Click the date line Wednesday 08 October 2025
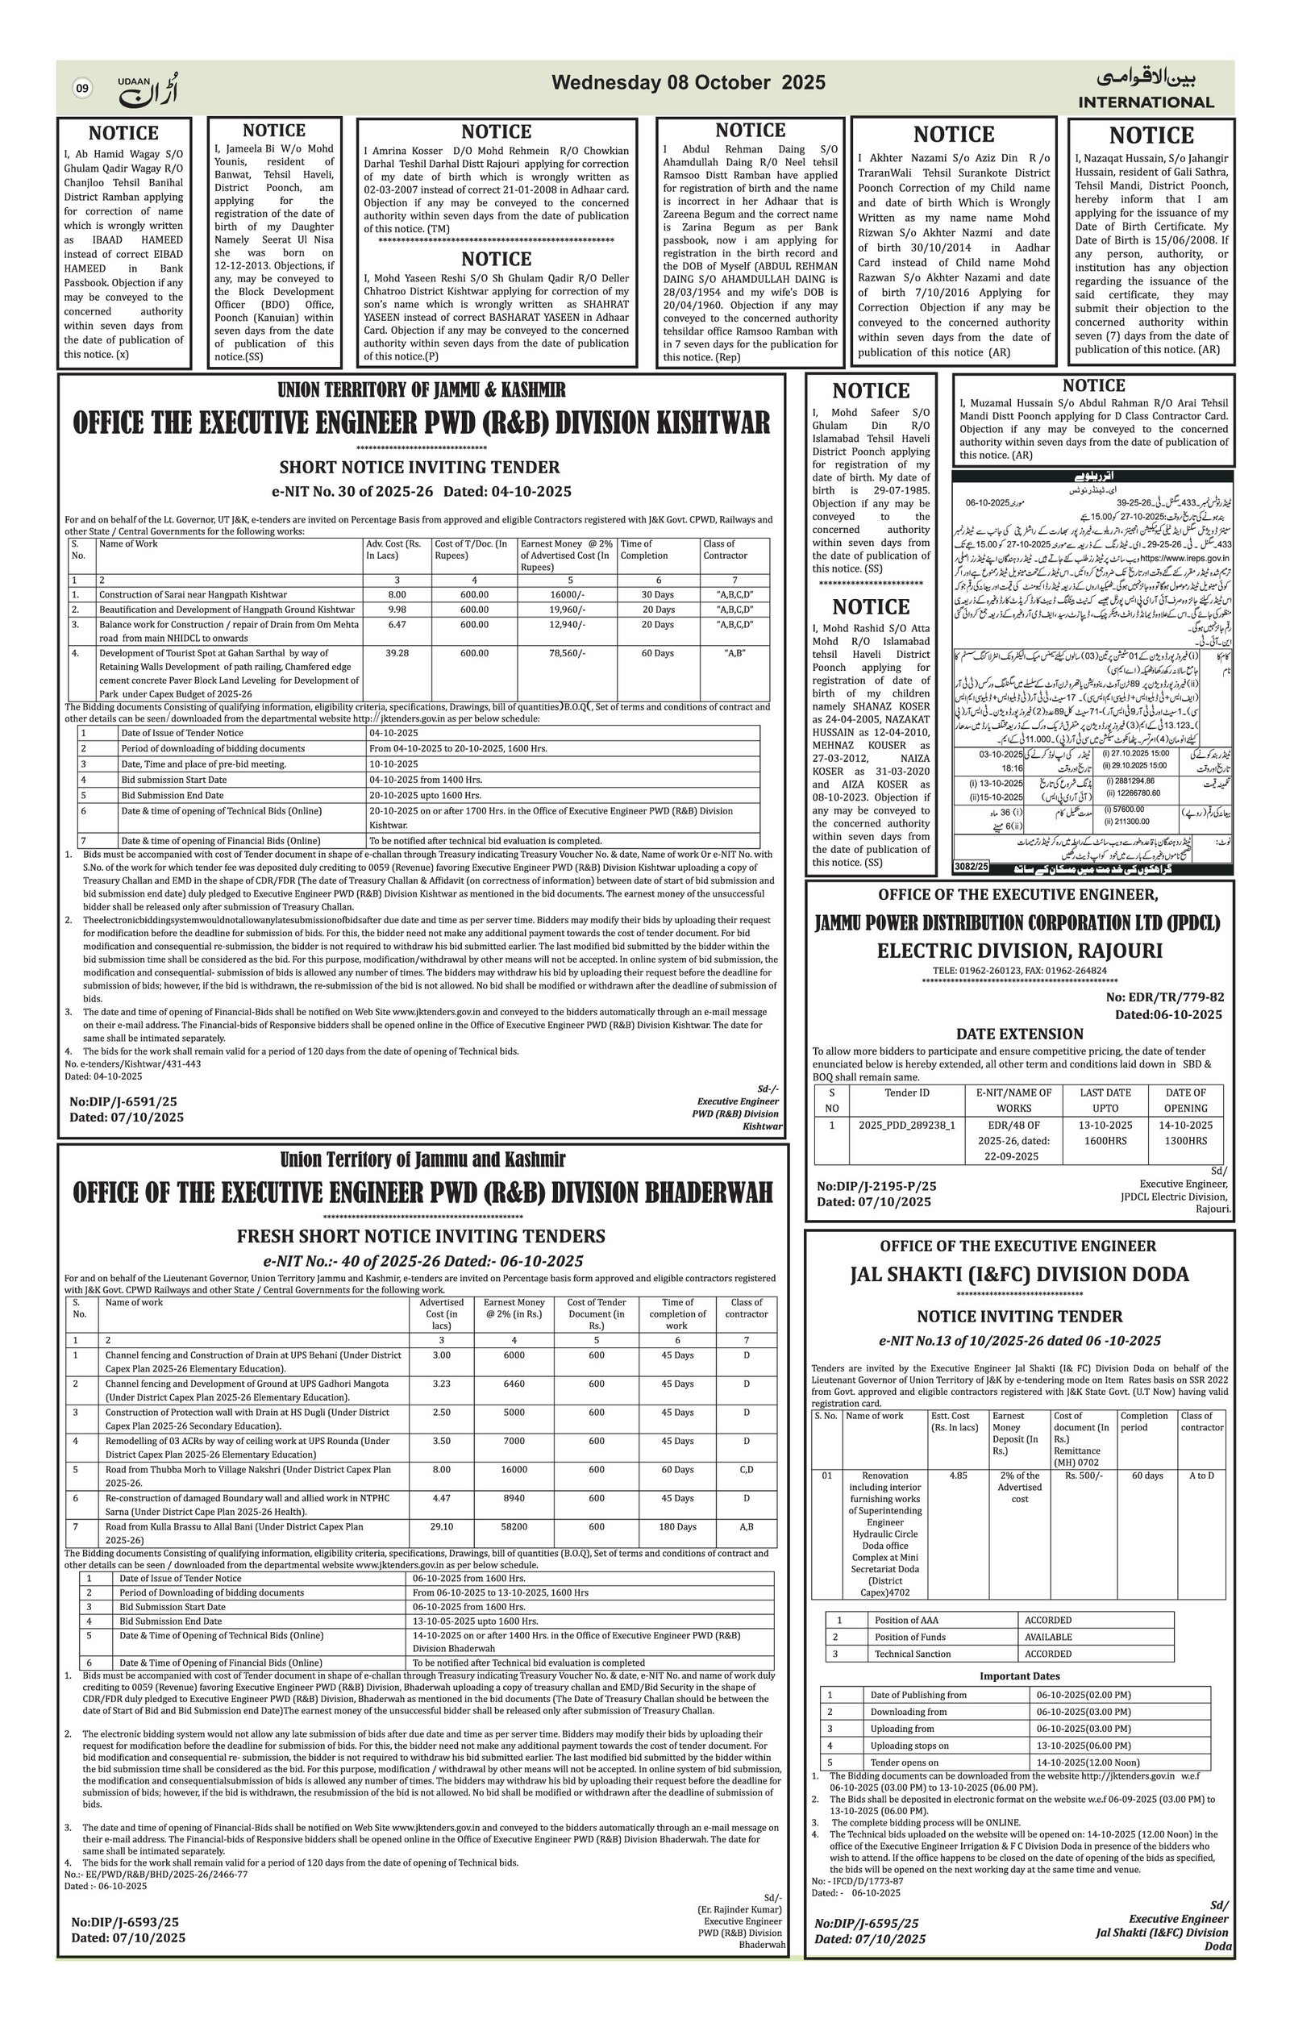(x=688, y=82)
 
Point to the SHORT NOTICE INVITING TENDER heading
(x=419, y=467)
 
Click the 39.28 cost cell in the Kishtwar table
(x=397, y=652)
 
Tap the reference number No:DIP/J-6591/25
(x=123, y=1101)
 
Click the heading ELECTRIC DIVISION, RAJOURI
(x=1019, y=951)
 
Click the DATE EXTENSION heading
(x=1019, y=1034)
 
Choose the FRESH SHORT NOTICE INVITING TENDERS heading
(x=421, y=1237)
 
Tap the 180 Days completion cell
(x=677, y=1527)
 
